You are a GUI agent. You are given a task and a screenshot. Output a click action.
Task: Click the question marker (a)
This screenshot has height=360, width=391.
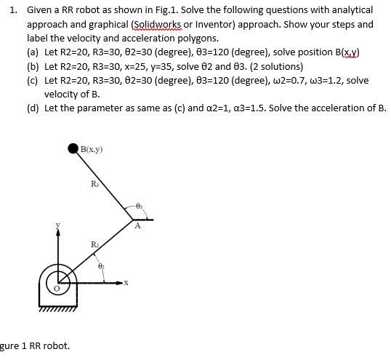(33, 53)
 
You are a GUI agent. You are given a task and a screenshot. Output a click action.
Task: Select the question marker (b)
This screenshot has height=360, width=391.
(33, 66)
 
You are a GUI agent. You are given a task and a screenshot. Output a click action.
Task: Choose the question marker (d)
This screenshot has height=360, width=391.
(33, 108)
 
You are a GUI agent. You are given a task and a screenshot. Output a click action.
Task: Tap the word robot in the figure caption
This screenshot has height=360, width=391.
(56, 345)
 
